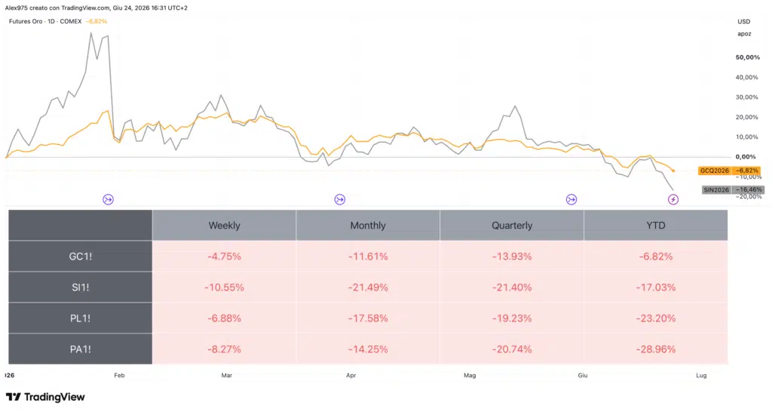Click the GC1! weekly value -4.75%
click(224, 257)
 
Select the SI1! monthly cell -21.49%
click(368, 287)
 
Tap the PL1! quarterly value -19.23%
click(512, 318)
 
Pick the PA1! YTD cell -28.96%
click(655, 349)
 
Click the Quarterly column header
click(512, 225)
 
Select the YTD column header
click(655, 225)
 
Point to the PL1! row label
click(80, 318)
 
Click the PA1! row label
click(80, 349)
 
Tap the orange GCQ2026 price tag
click(729, 171)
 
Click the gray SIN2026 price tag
click(733, 189)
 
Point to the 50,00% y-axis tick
click(747, 57)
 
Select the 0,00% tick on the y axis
click(746, 157)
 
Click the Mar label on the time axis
click(226, 375)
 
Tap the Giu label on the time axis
click(583, 375)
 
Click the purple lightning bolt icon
click(673, 200)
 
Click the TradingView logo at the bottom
click(45, 397)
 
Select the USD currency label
click(744, 22)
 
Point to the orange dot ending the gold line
click(673, 171)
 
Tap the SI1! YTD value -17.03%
click(655, 287)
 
